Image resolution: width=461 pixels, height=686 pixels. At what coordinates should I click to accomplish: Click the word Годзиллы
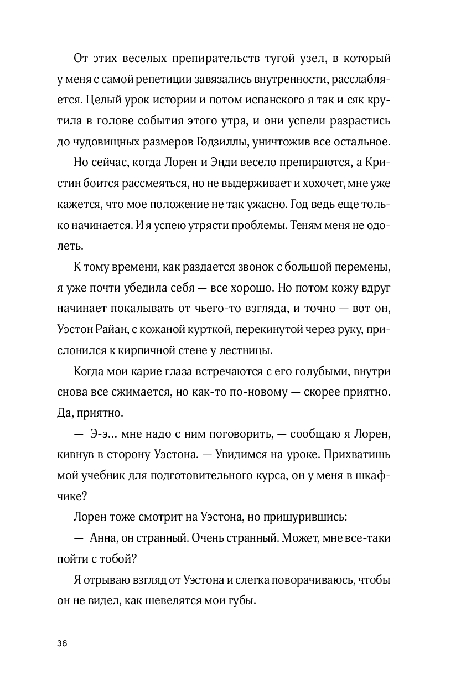click(224, 141)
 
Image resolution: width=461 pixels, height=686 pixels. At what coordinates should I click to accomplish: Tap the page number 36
click(61, 643)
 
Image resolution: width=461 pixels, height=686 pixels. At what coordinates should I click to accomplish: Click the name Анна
click(101, 538)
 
